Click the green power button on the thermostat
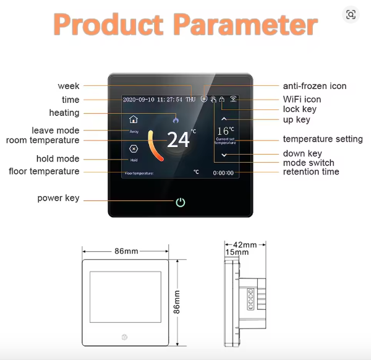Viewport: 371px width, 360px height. tap(180, 202)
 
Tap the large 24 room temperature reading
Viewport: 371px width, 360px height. tap(179, 139)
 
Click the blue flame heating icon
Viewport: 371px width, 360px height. tap(176, 119)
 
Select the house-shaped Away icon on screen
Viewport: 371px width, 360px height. tap(134, 120)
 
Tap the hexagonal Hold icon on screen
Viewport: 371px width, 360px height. tap(134, 149)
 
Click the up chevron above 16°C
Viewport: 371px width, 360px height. tap(224, 118)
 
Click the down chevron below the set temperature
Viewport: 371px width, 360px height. tap(224, 155)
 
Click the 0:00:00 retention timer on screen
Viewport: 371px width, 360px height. tap(223, 173)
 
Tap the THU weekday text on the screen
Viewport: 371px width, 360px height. tap(190, 99)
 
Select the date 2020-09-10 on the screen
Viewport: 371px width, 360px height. tap(139, 99)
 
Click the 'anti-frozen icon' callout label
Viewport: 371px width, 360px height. tap(314, 86)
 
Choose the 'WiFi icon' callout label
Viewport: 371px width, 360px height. tap(302, 99)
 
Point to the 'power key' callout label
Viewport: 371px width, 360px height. tap(58, 199)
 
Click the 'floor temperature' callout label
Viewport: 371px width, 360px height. tap(44, 171)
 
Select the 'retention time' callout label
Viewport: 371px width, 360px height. tap(311, 171)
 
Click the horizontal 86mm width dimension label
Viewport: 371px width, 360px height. tap(126, 252)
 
